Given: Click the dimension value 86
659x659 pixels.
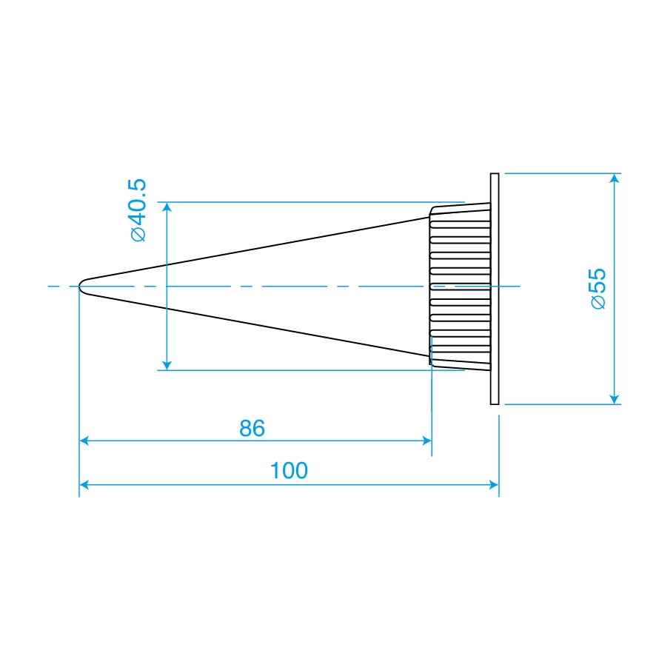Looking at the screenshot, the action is [x=252, y=428].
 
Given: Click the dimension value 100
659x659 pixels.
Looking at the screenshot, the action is [x=289, y=470].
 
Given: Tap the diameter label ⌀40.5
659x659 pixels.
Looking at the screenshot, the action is [x=138, y=210].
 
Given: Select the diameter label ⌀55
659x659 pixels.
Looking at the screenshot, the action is [x=598, y=289].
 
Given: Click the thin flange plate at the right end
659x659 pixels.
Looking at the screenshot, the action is [x=495, y=289].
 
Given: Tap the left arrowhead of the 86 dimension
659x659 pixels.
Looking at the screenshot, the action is [x=84, y=441].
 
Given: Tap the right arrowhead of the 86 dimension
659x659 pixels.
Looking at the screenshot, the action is [x=427, y=441].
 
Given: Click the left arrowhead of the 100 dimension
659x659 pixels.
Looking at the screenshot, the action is [x=84, y=485].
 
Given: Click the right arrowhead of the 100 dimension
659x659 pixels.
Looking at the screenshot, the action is [x=495, y=485].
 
